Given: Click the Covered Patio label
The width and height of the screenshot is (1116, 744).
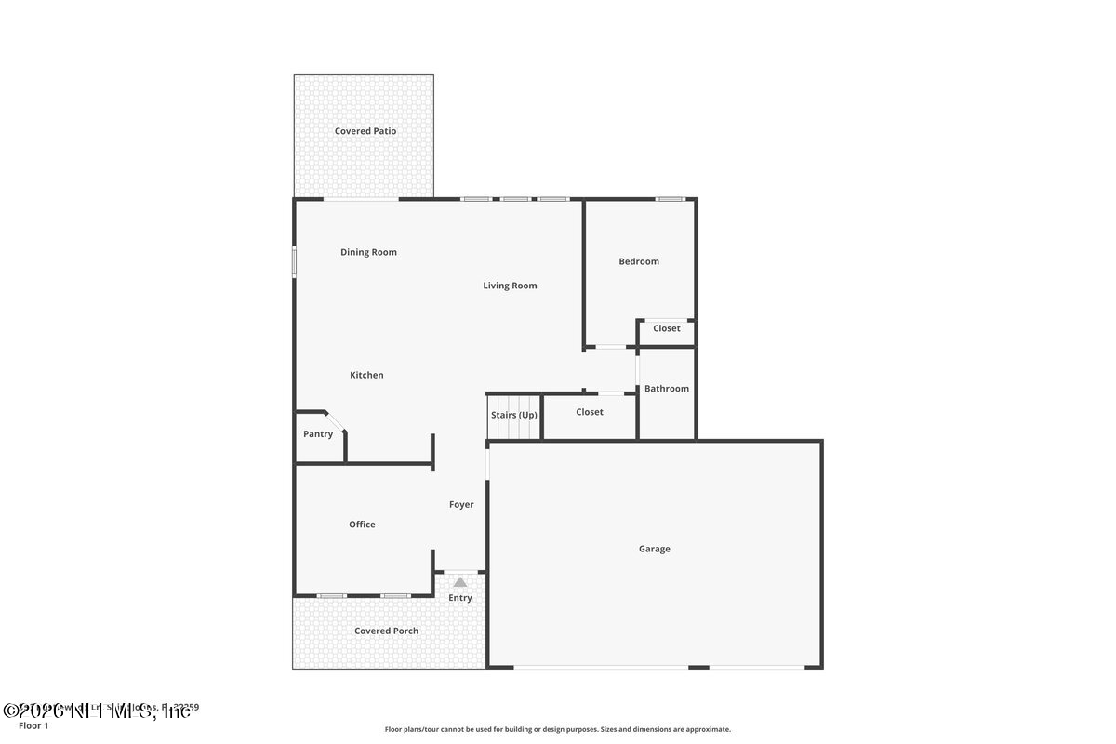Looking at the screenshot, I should tap(365, 131).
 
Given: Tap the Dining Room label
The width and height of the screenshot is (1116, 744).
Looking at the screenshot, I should tap(368, 252).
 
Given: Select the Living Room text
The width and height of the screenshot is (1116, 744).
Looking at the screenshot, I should tap(510, 286).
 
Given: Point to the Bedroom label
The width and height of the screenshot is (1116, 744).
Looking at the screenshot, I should tap(639, 261).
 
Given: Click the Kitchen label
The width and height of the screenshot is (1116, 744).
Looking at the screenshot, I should tap(366, 375).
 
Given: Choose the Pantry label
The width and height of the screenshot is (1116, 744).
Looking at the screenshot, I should tap(318, 434).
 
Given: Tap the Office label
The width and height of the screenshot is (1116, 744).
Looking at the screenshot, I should tap(362, 525).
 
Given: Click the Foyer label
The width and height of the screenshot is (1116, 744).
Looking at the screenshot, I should tap(461, 505).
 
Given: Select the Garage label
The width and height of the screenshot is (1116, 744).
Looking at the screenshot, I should tap(654, 549).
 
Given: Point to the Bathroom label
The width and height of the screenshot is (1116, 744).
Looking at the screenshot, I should tap(667, 389).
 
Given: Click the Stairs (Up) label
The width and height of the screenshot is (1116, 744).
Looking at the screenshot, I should tap(514, 414).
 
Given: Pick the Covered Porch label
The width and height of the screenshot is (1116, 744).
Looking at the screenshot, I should tap(386, 631).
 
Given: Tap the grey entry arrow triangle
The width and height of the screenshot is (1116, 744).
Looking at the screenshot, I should tap(459, 582).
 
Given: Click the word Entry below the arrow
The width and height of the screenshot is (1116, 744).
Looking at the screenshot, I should tap(460, 598).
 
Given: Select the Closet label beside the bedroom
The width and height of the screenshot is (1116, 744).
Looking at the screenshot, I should tap(666, 328).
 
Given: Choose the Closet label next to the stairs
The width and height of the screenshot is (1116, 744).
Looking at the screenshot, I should tap(590, 412).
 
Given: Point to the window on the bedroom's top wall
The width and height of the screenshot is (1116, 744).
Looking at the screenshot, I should tap(670, 199).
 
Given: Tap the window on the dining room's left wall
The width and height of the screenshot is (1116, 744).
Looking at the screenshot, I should tap(295, 260).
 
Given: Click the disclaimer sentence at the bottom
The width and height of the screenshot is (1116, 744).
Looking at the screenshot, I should tap(558, 729).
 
